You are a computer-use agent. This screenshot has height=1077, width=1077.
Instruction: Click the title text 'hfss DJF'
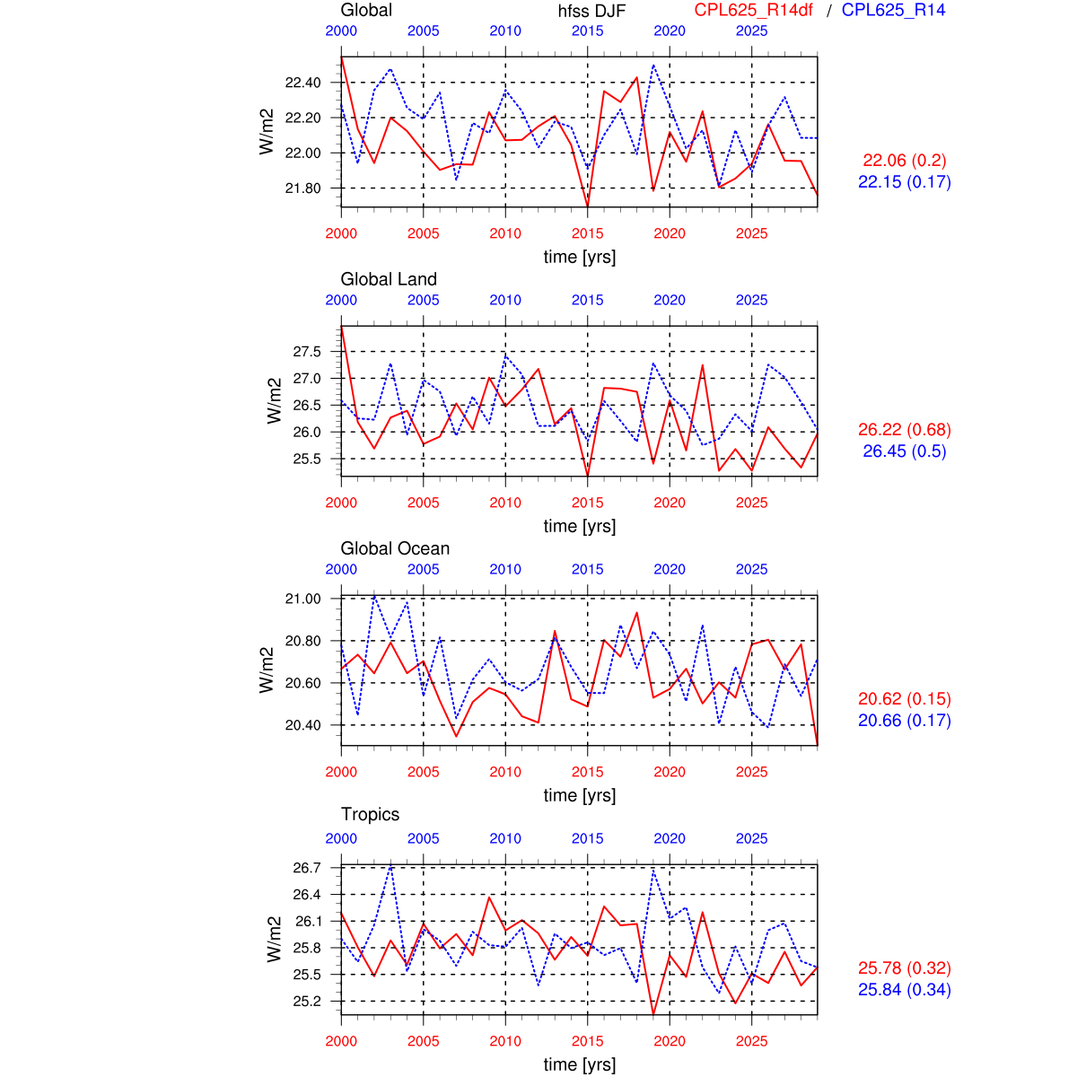pos(591,11)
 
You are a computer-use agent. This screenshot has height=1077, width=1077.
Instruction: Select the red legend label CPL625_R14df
pos(753,10)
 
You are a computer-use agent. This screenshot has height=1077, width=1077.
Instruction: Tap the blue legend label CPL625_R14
pos(893,10)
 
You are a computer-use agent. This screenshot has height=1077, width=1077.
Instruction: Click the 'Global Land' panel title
pos(389,279)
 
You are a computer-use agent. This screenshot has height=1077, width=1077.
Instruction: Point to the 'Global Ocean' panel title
pos(395,548)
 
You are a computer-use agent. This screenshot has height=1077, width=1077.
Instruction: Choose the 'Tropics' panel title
pos(370,814)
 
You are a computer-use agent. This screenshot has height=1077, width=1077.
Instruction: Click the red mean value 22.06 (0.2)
pos(904,161)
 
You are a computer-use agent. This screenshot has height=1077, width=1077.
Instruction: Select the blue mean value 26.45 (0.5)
pos(904,451)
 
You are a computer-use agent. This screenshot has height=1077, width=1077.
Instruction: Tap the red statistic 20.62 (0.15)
pos(904,699)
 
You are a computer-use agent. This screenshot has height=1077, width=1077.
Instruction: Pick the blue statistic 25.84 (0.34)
pos(904,990)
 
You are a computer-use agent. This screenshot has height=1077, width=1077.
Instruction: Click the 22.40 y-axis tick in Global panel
pos(302,83)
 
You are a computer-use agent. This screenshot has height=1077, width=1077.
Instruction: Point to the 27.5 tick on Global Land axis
pos(306,352)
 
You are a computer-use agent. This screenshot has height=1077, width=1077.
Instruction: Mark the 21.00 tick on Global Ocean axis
pos(302,599)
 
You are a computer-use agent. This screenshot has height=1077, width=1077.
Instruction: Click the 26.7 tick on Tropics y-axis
pos(306,868)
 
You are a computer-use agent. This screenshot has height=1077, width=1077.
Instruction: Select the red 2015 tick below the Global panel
pos(588,233)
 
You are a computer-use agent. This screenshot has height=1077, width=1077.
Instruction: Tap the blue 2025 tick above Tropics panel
pos(752,838)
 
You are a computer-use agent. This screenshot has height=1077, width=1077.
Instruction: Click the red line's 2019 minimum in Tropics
pos(653,1014)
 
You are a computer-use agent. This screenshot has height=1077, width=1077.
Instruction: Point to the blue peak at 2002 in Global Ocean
pos(374,596)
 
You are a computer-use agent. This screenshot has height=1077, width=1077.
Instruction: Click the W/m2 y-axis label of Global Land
pos(275,400)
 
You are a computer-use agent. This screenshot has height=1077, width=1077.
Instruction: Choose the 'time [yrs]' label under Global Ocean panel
pos(580,795)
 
